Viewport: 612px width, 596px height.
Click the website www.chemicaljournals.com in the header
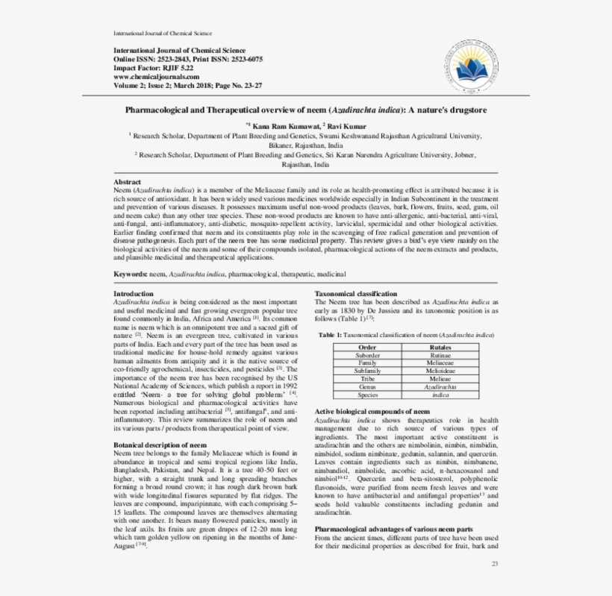coord(156,76)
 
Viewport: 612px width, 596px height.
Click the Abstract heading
coord(127,182)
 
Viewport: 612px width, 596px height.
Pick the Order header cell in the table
coord(367,347)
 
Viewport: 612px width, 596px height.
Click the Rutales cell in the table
coord(441,347)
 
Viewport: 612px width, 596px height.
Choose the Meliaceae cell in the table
coord(441,363)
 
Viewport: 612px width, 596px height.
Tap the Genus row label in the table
coord(367,387)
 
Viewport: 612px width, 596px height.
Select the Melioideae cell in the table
coord(441,370)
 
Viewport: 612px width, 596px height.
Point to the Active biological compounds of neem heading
coord(372,411)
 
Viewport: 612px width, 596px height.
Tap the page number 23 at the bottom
coord(494,563)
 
